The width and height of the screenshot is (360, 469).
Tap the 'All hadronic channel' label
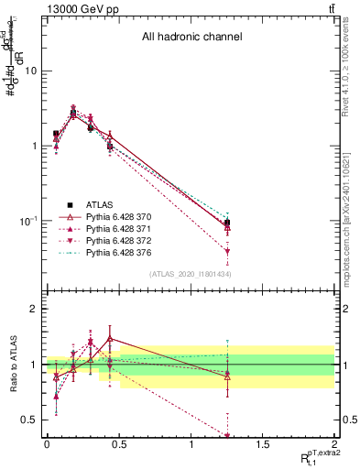tap(191, 38)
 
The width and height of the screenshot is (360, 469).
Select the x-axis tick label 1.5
tap(262, 443)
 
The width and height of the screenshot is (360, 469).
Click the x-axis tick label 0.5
tap(118, 443)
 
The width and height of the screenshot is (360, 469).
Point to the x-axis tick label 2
tap(334, 443)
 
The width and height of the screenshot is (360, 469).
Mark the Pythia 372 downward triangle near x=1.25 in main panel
tap(227, 251)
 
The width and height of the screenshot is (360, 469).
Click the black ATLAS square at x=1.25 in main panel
tap(227, 223)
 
